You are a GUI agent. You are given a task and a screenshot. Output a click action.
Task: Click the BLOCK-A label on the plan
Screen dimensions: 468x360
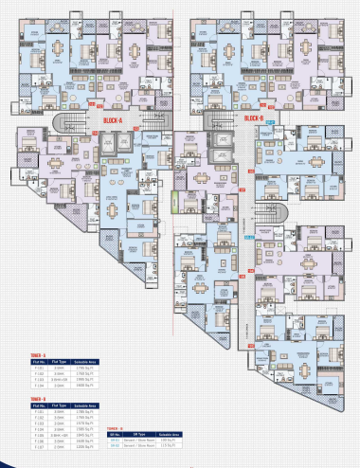coord(117,119)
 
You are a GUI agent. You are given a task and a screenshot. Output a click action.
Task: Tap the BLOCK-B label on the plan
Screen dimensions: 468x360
coord(253,118)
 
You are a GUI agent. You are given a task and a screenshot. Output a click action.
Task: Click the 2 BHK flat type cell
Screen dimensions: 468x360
coord(58,448)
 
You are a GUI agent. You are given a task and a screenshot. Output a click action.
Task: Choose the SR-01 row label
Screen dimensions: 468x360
coord(116,440)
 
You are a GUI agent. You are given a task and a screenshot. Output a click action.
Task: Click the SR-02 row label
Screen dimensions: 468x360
coord(116,446)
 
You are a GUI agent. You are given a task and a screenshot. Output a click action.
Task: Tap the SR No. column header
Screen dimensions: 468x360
coord(116,434)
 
